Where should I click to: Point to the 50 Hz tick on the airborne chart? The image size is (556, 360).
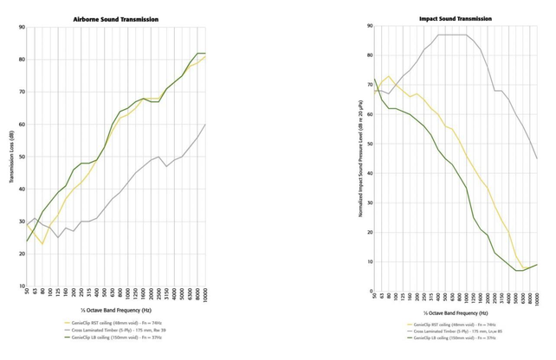pos(28,292)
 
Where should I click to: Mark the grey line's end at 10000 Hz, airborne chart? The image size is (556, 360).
pos(205,125)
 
